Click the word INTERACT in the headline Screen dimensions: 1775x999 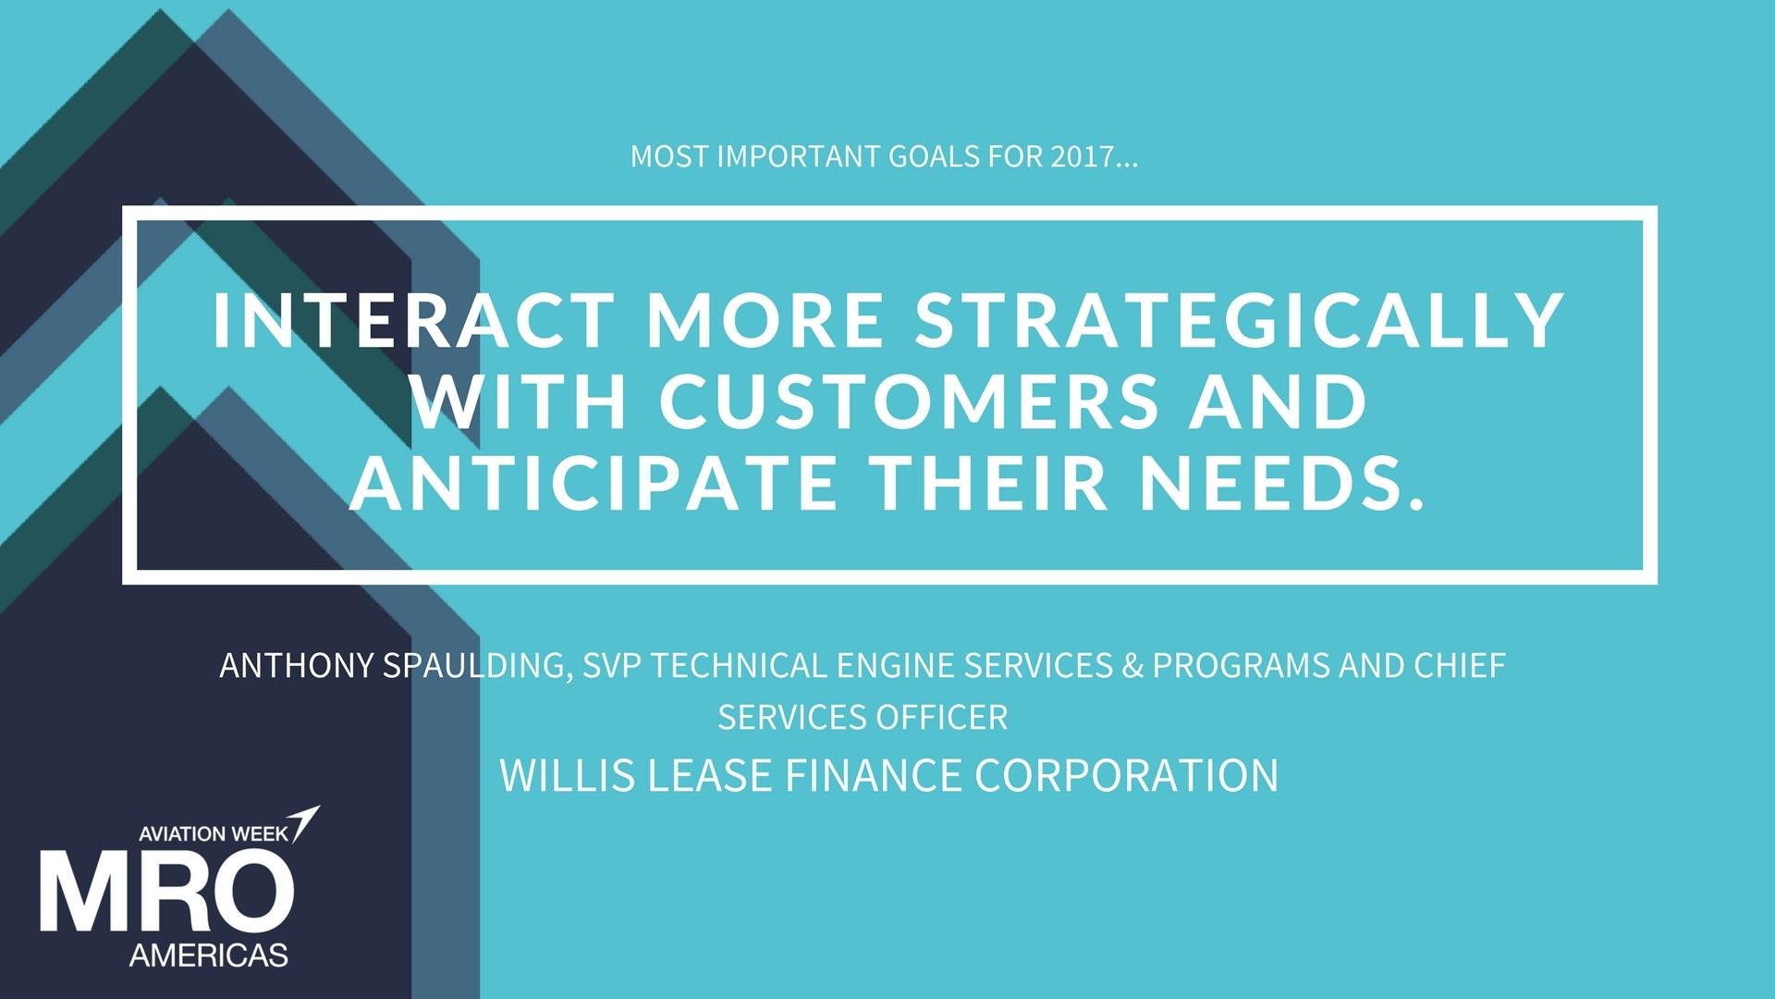tap(413, 319)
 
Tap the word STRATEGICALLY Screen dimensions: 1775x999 tap(1240, 319)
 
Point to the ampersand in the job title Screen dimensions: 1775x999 tap(1132, 665)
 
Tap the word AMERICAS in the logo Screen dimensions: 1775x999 tap(209, 955)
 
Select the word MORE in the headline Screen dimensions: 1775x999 tap(765, 319)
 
